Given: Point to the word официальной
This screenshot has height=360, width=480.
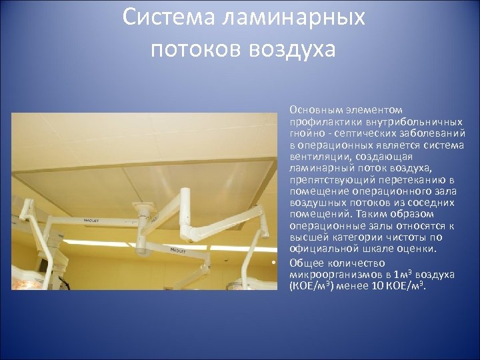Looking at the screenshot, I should [320, 248].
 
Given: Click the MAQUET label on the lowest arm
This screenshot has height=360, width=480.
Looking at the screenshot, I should [179, 249].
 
